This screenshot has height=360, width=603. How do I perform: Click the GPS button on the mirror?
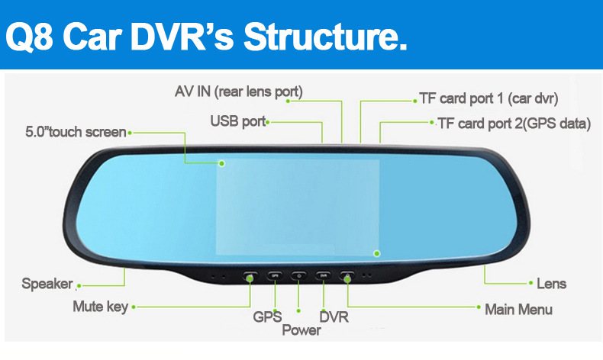coord(275,275)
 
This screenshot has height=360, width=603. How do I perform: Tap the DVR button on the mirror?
coord(323,275)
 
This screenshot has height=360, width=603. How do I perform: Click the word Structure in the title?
coord(325,37)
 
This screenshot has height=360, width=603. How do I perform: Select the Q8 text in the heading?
coord(29,37)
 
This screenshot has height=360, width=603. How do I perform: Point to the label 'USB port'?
coord(238,121)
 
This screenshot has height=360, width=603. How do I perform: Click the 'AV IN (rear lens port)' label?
coord(239,92)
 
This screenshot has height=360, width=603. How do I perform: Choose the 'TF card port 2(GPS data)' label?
coord(514,124)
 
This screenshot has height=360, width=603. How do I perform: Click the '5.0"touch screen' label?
coord(76,132)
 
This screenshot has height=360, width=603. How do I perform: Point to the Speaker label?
coord(47,284)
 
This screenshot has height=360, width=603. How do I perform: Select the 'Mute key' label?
coord(100,307)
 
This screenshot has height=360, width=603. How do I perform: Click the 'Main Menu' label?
coord(518,310)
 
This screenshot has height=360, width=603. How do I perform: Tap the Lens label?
coord(551,284)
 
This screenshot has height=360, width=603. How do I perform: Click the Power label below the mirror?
coord(301,330)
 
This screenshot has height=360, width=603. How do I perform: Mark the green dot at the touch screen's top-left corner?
coord(222,164)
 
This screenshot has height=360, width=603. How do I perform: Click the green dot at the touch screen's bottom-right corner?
coord(377,253)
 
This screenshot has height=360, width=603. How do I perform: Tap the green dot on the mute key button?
coord(250,278)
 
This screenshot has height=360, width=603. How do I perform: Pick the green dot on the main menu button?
coord(347,279)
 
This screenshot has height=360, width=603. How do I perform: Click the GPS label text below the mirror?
coord(267,317)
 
